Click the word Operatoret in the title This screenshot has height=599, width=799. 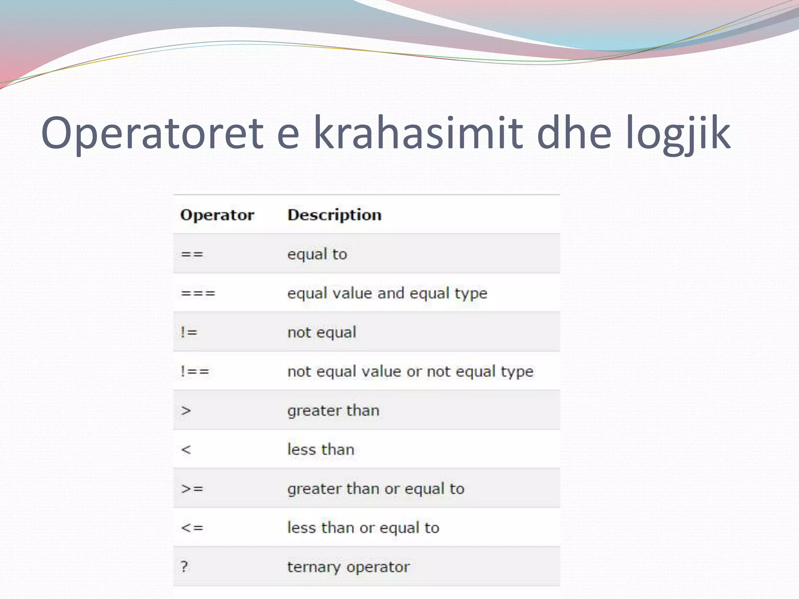[x=152, y=133]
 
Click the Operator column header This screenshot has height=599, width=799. [x=217, y=215]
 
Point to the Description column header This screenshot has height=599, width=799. [x=334, y=215]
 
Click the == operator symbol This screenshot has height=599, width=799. [x=192, y=254]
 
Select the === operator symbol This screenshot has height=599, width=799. [x=198, y=293]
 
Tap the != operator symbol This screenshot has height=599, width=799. [x=189, y=332]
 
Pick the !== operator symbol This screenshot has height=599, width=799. [x=195, y=371]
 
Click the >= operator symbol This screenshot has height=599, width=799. [x=192, y=489]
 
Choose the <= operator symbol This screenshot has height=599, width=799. [x=192, y=528]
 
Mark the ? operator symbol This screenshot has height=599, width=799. [x=185, y=567]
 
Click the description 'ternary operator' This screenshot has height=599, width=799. [x=348, y=567]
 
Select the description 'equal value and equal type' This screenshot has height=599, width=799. [x=387, y=294]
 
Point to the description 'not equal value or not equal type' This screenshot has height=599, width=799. [x=410, y=372]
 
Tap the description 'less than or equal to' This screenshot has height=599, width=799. [x=363, y=528]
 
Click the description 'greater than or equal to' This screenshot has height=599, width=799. [x=376, y=489]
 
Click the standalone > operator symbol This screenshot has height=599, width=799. [x=186, y=411]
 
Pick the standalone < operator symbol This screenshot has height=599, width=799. [x=186, y=450]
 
